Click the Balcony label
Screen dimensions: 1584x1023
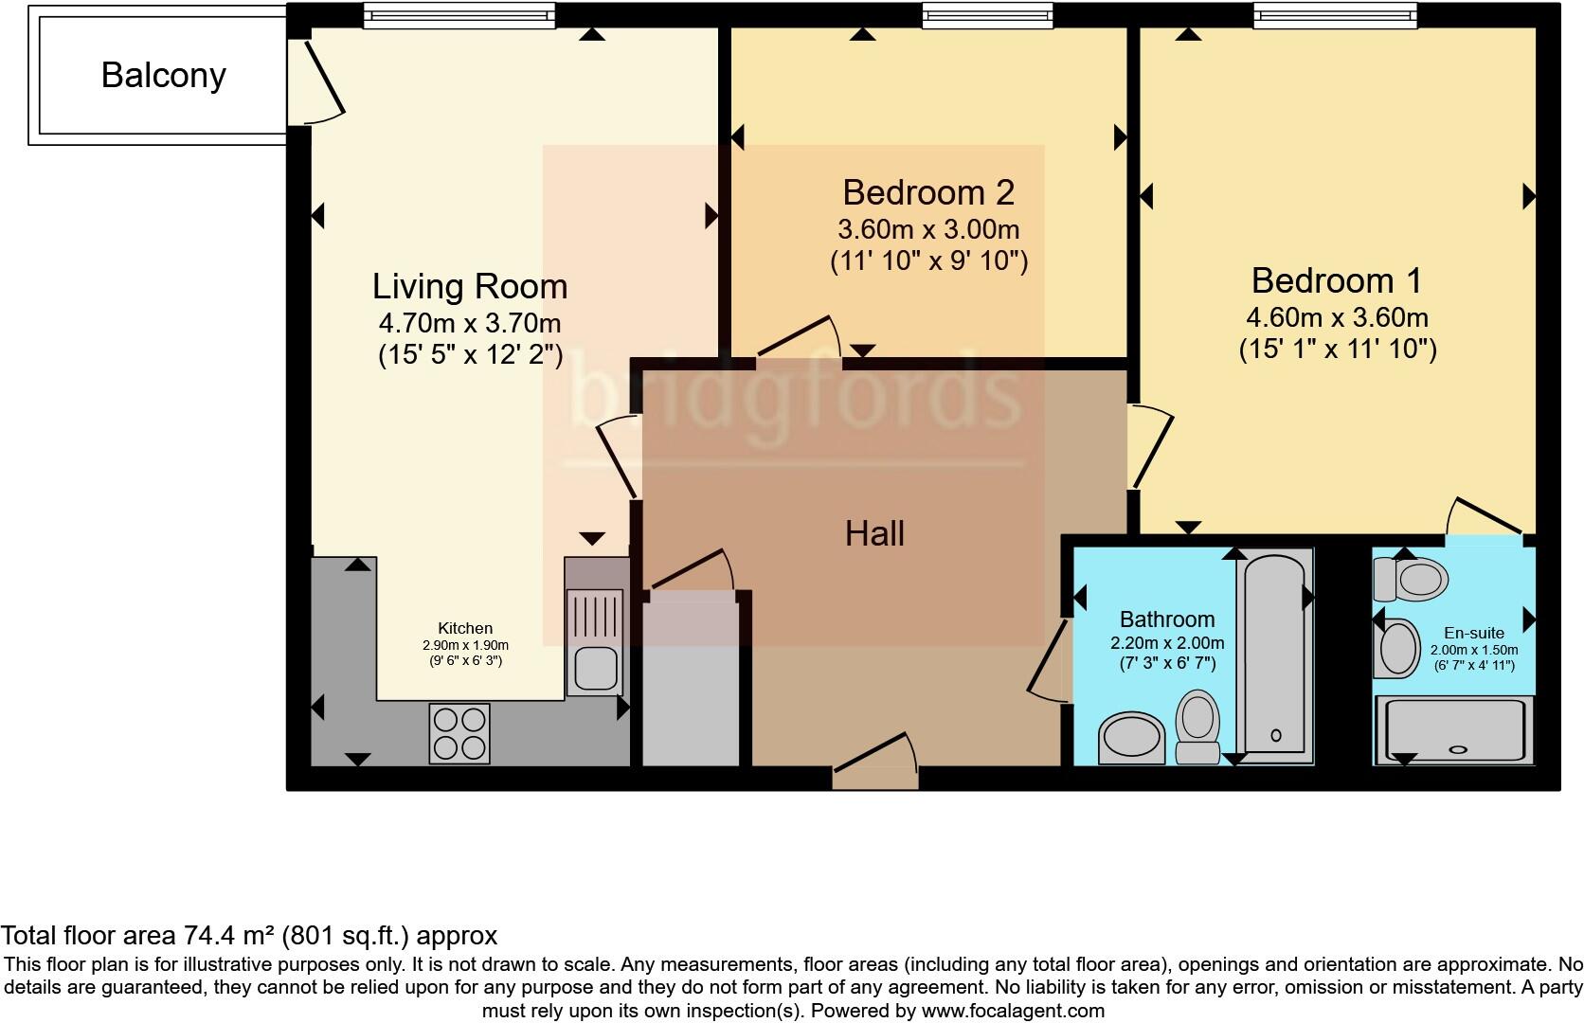click(163, 75)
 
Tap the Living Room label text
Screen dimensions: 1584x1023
click(470, 286)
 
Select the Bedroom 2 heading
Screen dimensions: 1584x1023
click(928, 192)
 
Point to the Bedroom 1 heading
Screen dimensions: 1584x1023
click(1337, 280)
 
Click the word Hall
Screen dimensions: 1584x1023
click(874, 534)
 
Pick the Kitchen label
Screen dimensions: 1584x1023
click(465, 628)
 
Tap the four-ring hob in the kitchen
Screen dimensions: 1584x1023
click(459, 733)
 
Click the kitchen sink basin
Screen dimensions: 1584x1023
click(596, 668)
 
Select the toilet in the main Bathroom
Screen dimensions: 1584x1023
click(1197, 727)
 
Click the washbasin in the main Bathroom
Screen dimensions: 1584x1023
click(1131, 738)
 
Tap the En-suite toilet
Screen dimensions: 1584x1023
click(1411, 579)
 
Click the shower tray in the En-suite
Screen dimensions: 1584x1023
click(1454, 729)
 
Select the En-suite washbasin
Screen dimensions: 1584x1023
click(1396, 648)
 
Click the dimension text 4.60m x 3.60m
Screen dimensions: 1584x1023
click(1337, 318)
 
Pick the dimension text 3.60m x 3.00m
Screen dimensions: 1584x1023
click(928, 230)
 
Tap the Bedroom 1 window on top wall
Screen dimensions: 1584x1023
click(1335, 15)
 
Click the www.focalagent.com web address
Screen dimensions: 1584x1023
click(1011, 1012)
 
